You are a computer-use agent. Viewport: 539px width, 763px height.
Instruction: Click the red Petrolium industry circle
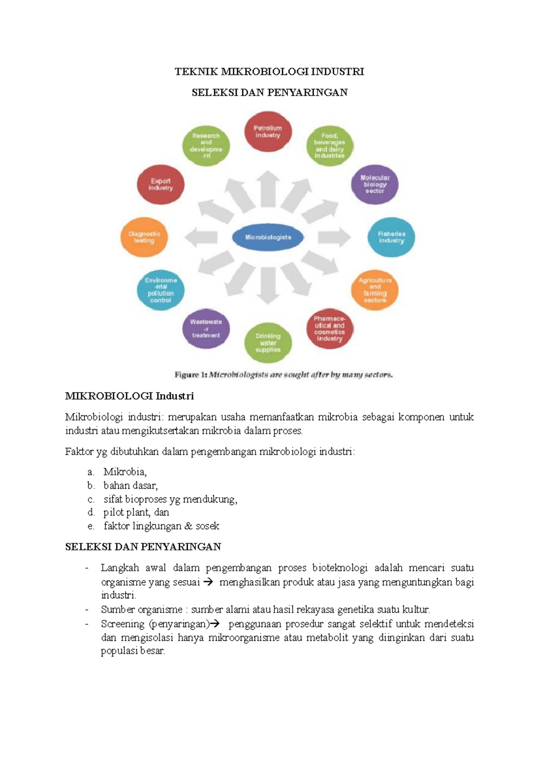coord(268,132)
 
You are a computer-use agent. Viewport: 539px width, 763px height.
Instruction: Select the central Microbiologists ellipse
coord(268,237)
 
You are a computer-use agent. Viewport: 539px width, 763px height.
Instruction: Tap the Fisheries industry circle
coord(391,237)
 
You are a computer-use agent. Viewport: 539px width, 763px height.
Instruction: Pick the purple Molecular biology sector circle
coord(375,184)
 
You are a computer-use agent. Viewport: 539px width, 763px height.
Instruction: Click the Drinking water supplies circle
coord(268,343)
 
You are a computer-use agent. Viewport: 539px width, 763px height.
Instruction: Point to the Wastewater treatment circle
coord(206,328)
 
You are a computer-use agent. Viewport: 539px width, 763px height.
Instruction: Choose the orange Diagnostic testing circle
coord(144,237)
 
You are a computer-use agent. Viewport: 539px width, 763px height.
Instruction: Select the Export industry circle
coord(161,184)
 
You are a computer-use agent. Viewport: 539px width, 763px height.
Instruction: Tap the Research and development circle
coord(206,146)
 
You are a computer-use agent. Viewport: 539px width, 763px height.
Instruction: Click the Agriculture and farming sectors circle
coord(375,290)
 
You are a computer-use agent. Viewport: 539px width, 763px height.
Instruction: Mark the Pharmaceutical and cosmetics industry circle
coord(330,328)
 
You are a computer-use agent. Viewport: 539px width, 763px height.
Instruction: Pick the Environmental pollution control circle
coord(161,290)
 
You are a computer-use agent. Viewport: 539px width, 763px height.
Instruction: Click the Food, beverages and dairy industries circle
coord(330,146)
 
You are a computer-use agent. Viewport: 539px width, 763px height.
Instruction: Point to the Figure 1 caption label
coord(191,374)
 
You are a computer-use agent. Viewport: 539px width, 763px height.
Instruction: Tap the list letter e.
coord(91,526)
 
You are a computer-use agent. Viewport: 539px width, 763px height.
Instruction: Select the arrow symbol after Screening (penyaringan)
coord(214,624)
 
